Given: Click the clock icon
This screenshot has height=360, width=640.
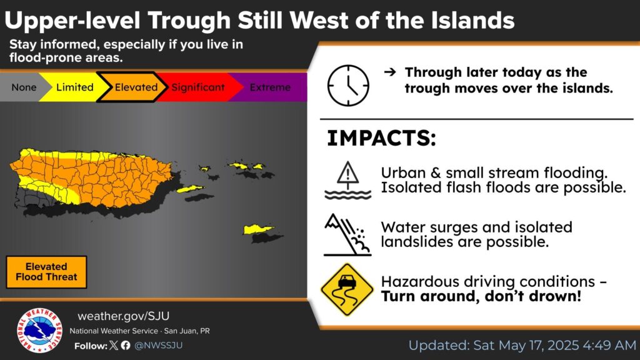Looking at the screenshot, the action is coord(348,86).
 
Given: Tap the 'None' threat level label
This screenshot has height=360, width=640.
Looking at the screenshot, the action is coord(24,87).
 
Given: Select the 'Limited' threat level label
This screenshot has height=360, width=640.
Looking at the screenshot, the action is coord(75,87).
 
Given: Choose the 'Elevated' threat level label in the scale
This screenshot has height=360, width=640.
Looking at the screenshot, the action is coord(136,87).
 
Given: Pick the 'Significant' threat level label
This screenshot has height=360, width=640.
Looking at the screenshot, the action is coord(198,87).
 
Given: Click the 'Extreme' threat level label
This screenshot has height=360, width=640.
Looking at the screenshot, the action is coord(270,87).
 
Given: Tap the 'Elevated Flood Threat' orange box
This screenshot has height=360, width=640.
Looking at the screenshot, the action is coord(46,272).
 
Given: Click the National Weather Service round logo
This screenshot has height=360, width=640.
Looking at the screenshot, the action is coord(39,330).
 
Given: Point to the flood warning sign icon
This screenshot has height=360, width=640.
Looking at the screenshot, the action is coord(347,180).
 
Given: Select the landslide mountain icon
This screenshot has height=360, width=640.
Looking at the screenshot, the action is coord(347,235).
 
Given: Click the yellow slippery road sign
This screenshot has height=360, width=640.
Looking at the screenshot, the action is coord(347,290).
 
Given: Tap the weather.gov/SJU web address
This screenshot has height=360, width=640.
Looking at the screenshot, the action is coord(123,316).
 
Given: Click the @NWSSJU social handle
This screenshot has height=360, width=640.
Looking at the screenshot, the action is coord(158,345).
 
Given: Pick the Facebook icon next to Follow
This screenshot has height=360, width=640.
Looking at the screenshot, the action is coord(126,345).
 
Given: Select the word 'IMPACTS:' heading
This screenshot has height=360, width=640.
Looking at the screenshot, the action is coord(382,138).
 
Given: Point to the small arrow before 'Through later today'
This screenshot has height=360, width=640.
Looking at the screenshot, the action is coord(390,72).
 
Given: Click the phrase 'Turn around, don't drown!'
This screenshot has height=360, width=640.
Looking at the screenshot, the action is coord(481,296).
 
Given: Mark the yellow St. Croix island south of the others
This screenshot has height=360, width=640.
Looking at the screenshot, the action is coord(259,229).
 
